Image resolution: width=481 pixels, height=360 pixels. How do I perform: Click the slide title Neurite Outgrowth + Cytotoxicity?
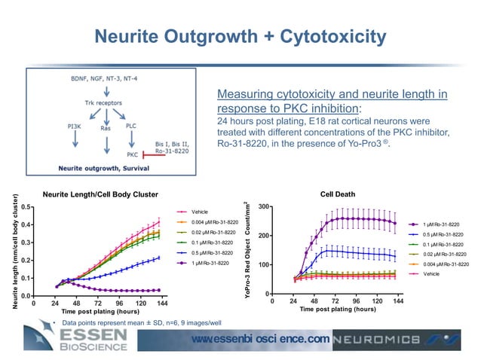tap(240, 37)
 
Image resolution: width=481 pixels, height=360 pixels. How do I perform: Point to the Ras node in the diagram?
tap(106, 128)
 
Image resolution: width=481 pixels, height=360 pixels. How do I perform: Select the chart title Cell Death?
tap(338, 194)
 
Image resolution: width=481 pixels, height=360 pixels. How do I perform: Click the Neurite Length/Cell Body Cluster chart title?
tap(100, 194)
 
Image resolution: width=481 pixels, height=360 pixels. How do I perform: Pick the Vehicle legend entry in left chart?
tap(199, 212)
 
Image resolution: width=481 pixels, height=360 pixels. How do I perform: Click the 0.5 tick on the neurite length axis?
tap(26, 206)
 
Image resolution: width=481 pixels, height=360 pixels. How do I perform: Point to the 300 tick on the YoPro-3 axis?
tap(263, 206)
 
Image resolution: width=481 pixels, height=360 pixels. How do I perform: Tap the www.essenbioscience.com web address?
tap(260, 340)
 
